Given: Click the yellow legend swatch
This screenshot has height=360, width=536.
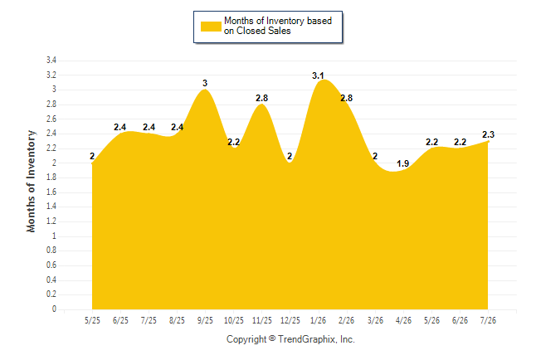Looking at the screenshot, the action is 211,27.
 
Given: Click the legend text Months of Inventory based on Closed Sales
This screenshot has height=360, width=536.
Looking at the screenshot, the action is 278,26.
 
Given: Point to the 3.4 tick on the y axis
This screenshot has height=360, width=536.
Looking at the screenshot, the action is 51,61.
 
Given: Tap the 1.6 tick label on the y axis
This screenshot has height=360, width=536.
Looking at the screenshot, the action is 51,192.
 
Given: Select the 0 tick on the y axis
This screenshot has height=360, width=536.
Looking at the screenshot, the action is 54,309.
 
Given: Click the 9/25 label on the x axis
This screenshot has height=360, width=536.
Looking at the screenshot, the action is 205,320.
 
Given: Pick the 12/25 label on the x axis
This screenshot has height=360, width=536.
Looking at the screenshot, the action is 290,320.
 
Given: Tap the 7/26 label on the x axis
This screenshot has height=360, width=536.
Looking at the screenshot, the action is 488,320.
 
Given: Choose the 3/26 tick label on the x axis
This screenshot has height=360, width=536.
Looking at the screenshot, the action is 375,320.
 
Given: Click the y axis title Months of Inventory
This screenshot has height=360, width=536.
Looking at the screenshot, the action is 31,181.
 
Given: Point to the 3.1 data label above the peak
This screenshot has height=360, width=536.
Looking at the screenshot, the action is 318,75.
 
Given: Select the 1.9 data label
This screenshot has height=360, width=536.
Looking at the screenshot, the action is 402,163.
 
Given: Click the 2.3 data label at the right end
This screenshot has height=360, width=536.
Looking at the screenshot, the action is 488,134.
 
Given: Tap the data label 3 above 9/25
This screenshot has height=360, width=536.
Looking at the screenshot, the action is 205,83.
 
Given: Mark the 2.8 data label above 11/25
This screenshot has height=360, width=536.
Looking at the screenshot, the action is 261,98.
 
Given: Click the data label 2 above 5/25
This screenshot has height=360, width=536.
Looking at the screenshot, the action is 92,156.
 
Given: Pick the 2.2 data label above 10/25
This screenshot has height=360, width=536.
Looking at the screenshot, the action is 233,142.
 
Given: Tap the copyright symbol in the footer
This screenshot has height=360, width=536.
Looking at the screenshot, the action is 272,338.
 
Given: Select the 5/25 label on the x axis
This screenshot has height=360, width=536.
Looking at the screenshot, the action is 92,320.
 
